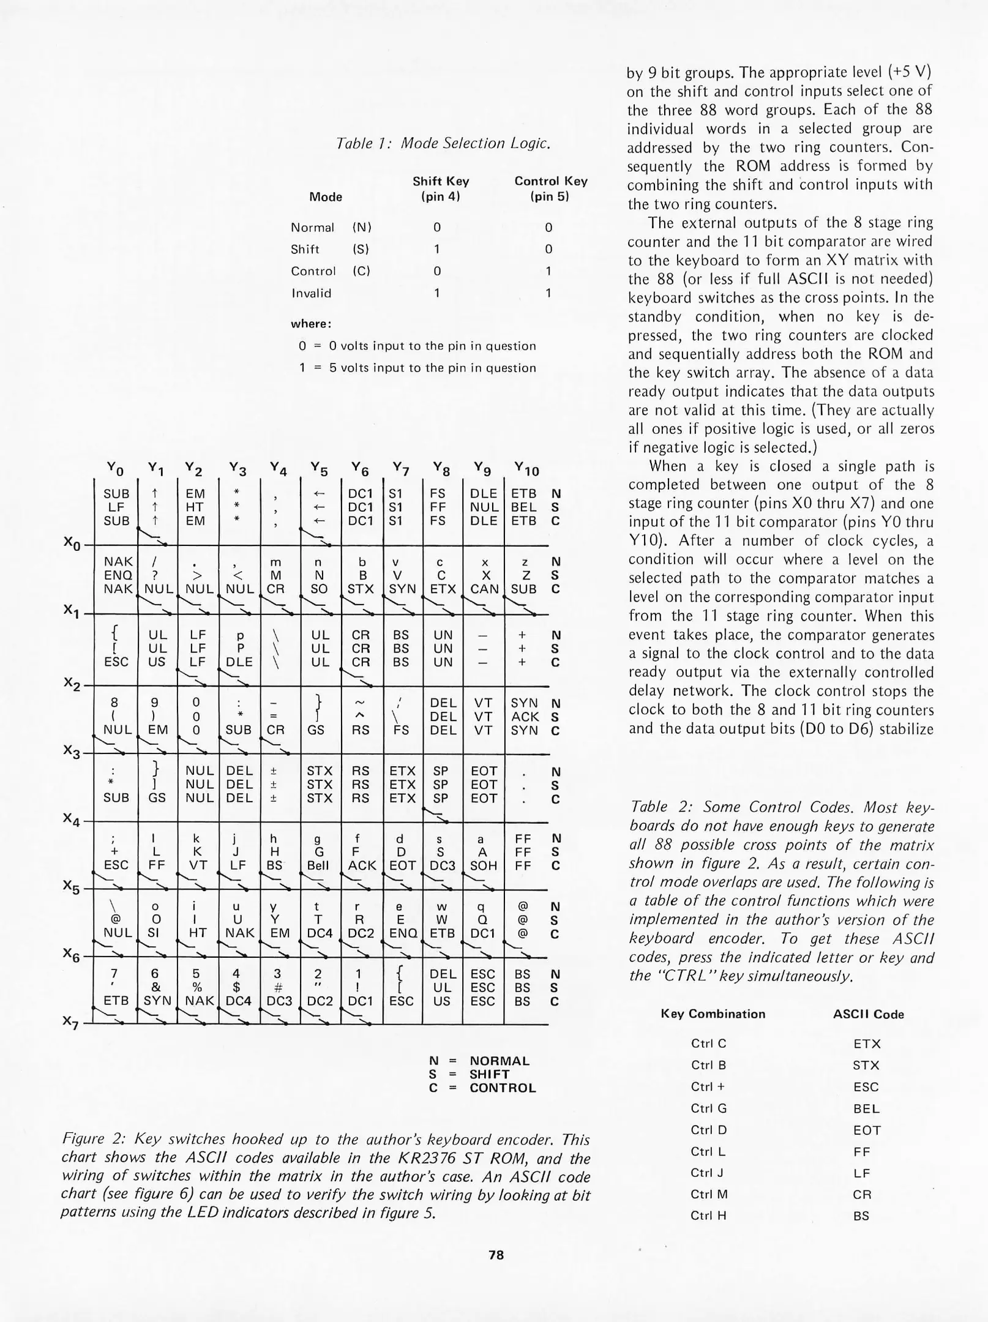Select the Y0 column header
[114, 469]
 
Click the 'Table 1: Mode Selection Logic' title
[444, 143]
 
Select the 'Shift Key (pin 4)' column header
[440, 189]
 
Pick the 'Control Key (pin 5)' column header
[550, 189]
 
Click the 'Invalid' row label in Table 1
[311, 293]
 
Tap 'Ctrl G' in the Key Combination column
[708, 1108]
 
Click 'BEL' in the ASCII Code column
[866, 1109]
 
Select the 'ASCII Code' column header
[868, 1014]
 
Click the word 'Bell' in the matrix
[318, 865]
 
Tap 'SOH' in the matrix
[483, 865]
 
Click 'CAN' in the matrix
[484, 589]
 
